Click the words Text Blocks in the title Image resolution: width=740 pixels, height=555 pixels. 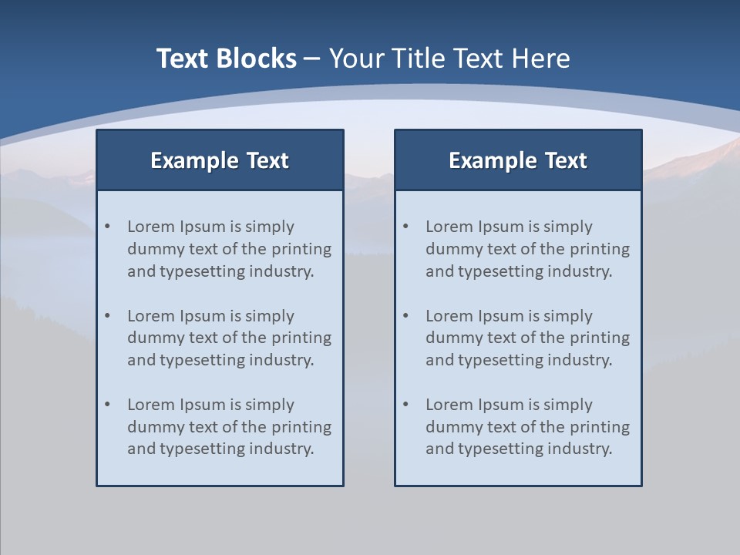coord(226,59)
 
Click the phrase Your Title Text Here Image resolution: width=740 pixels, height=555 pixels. coord(449,59)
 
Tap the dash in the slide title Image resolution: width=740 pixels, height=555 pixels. coord(312,59)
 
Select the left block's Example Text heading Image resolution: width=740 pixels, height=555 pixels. coord(220,160)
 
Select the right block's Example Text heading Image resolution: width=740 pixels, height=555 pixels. coord(518,160)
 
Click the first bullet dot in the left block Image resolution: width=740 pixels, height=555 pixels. coord(108,227)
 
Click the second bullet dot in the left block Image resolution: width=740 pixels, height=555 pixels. coord(108,316)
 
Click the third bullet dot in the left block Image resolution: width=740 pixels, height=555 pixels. coord(108,405)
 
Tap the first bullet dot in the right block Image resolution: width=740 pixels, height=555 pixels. coord(406,227)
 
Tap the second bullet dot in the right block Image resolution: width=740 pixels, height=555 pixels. coord(406,316)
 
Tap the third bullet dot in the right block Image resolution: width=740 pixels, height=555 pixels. coord(406,405)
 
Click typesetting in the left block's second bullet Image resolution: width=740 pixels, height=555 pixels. coord(202,360)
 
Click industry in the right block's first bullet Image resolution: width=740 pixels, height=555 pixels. coord(583,271)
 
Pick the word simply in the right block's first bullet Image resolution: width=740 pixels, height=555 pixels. coord(568,227)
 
